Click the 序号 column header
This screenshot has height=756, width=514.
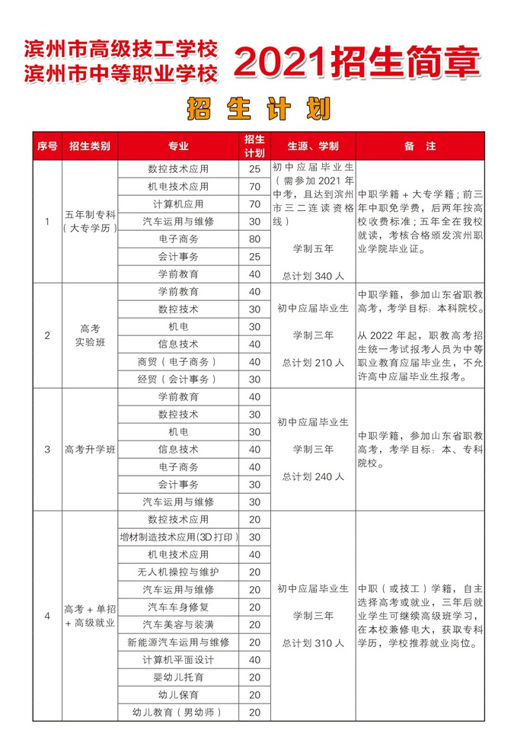47,146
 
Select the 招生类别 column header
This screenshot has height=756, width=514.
89,146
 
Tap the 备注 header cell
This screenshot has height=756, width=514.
420,146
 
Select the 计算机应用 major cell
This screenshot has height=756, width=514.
178,203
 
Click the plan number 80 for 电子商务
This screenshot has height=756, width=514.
254,239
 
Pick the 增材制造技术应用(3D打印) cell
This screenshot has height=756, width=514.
178,537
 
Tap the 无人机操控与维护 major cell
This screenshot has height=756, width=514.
178,572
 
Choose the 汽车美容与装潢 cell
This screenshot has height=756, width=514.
178,624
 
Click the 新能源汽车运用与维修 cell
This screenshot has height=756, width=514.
178,642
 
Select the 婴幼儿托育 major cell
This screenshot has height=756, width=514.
178,677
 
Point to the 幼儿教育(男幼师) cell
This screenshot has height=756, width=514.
178,713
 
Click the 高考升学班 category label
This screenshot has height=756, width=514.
89,450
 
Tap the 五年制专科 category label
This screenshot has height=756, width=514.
89,215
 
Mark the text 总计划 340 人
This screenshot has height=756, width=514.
313,274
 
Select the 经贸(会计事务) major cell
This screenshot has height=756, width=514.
178,379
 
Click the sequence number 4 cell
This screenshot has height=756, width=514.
47,616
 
